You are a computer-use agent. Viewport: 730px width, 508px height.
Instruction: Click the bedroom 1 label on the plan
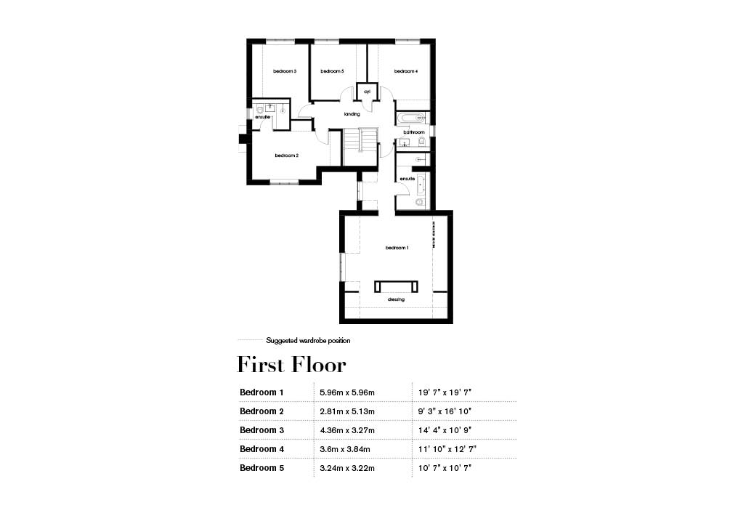coord(397,249)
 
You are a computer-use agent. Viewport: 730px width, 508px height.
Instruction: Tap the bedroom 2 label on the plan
coord(287,156)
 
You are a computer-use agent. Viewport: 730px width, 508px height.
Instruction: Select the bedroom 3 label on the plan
coord(285,71)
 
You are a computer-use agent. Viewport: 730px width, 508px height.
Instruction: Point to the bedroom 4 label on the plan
coord(406,71)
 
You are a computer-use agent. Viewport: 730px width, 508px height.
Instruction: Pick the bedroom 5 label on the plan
coord(332,71)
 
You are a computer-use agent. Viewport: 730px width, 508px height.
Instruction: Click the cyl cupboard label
coord(367,92)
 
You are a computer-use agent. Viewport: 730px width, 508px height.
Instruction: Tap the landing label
coord(352,114)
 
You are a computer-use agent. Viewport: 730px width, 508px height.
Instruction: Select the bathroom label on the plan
coord(413,132)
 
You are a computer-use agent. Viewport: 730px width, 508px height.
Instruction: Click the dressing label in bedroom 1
coord(396,299)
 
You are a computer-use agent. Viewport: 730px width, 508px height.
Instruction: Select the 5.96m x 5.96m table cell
coord(347,392)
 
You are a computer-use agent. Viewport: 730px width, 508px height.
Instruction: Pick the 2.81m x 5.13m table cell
coord(347,411)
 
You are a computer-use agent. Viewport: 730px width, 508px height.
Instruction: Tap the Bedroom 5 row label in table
coord(261,468)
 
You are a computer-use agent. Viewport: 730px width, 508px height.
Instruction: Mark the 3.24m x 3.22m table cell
coord(347,468)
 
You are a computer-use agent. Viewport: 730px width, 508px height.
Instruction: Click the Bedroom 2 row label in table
coord(261,411)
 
